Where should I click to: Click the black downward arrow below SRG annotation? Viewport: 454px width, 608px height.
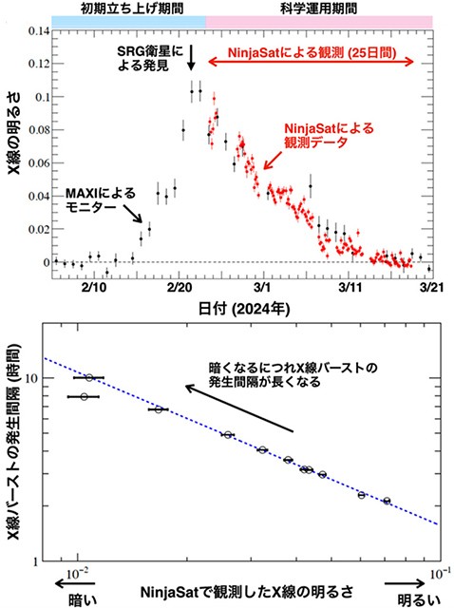(x=192, y=59)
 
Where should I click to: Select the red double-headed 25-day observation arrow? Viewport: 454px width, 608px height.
(x=312, y=61)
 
